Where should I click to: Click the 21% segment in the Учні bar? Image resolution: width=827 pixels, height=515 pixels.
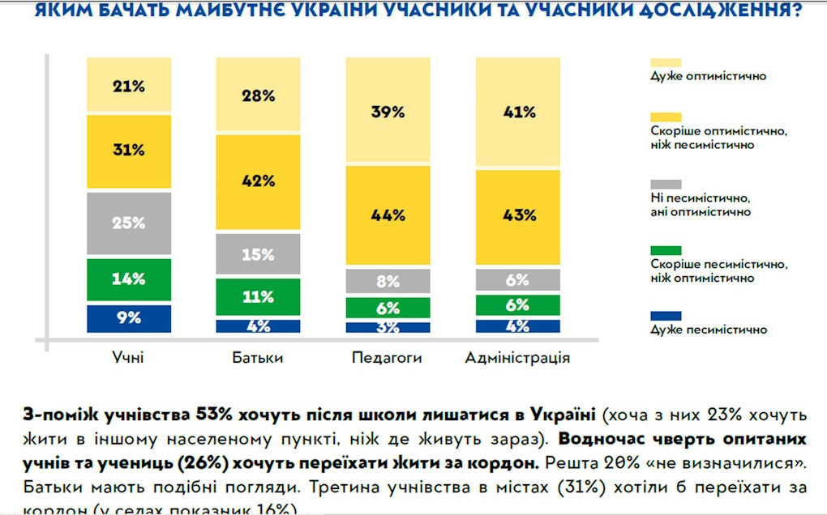pos(129,86)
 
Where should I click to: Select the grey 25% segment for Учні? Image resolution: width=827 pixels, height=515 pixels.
pos(129,223)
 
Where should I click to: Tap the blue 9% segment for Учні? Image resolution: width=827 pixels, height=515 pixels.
pos(129,318)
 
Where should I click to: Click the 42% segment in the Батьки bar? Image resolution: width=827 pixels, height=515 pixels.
pos(258,181)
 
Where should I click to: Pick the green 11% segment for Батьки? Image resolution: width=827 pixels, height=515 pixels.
pos(258,296)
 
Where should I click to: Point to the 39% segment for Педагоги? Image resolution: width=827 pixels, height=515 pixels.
pos(388,112)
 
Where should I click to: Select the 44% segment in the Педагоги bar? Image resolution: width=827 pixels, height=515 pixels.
pos(388,215)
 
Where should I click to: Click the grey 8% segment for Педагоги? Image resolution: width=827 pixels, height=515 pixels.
pos(388,282)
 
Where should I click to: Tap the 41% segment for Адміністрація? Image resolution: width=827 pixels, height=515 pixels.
pos(517,112)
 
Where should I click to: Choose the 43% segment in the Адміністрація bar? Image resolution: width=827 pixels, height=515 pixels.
pos(517,215)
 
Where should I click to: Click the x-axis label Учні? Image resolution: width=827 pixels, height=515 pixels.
pos(129,358)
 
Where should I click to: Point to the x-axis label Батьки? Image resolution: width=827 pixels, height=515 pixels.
pos(258,358)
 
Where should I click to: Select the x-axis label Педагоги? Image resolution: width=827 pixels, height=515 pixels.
pos(388,358)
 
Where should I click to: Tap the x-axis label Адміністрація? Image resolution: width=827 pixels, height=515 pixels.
pos(517,358)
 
